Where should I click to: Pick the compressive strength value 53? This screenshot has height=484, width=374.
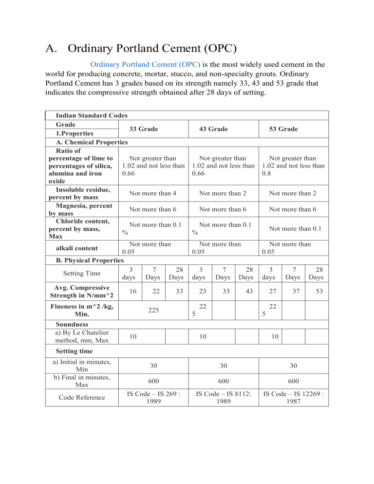coord(317,291)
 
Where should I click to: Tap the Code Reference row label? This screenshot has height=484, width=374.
coord(81,397)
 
